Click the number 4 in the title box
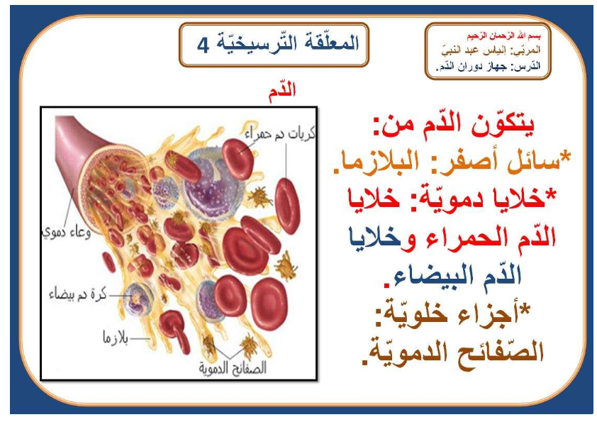(x=203, y=45)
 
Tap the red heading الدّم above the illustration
(x=282, y=91)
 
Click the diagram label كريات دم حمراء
(x=280, y=133)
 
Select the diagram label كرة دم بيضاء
(x=78, y=295)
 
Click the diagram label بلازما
(x=116, y=338)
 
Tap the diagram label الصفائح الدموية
(x=233, y=368)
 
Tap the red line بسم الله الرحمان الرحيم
(x=503, y=35)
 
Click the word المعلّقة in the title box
(x=328, y=43)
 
